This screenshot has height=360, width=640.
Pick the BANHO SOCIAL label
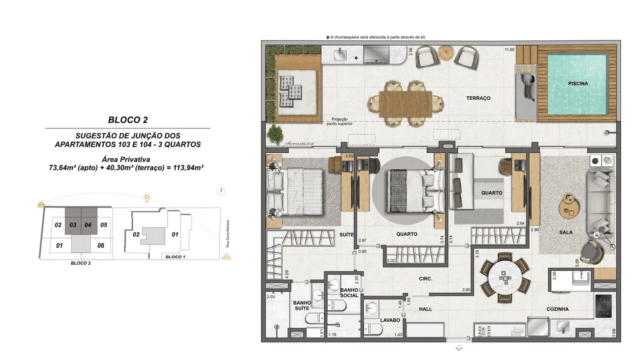[350, 294]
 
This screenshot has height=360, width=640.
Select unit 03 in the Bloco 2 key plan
[73, 226]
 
